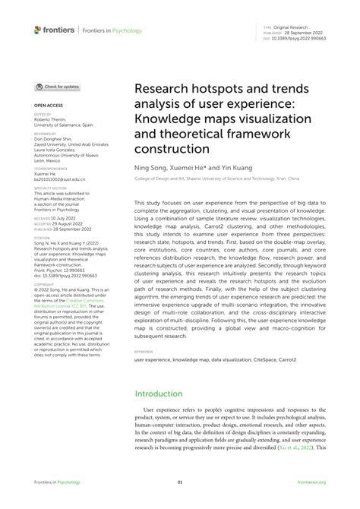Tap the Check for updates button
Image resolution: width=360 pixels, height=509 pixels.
click(x=57, y=87)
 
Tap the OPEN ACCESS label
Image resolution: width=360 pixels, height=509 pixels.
click(x=49, y=106)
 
